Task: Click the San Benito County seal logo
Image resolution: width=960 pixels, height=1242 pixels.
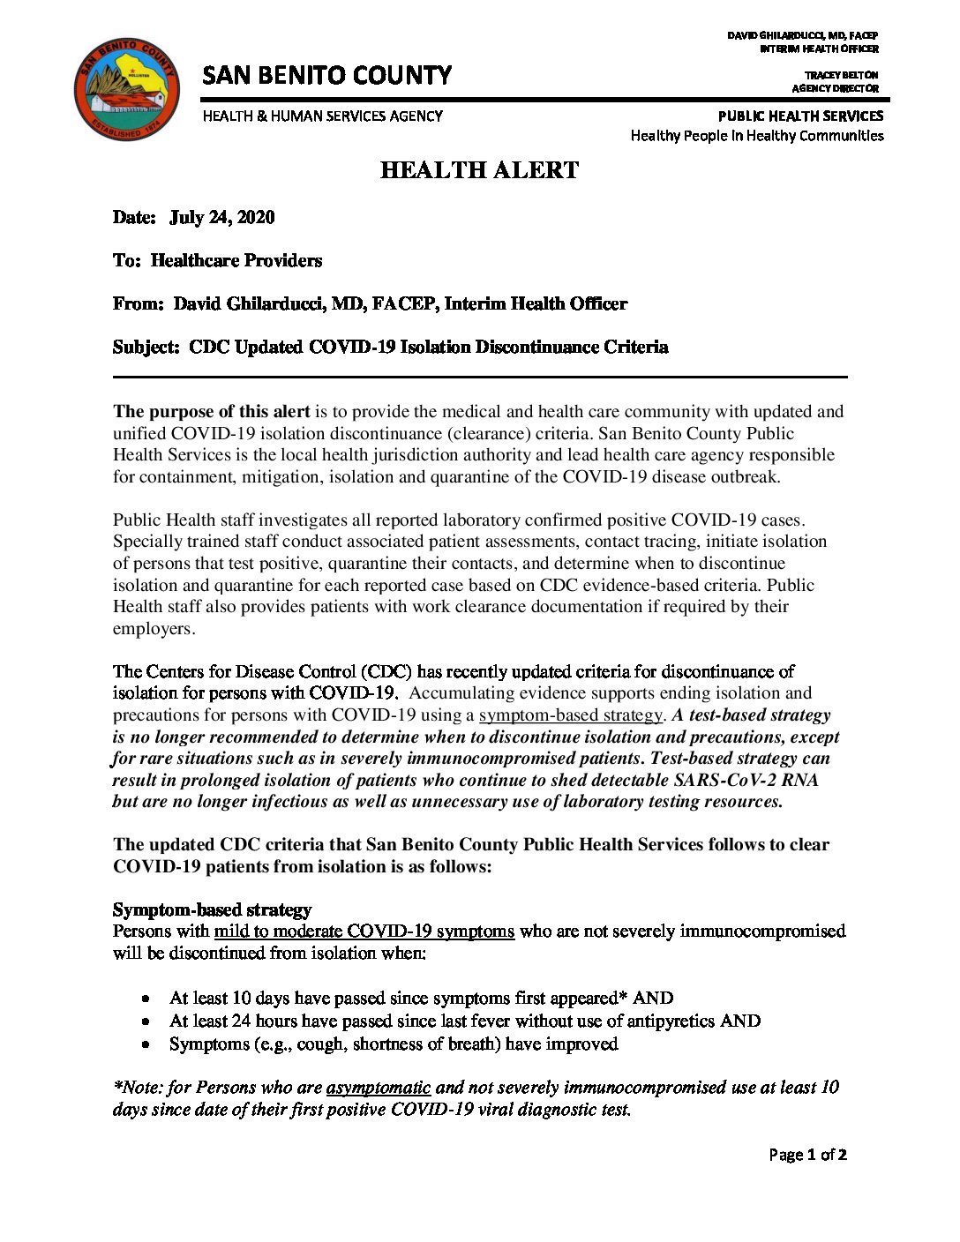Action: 126,89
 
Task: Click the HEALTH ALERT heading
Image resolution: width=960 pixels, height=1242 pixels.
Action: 479,170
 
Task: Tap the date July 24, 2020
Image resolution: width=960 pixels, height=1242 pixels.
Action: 221,218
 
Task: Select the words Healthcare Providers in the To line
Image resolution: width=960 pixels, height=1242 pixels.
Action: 236,261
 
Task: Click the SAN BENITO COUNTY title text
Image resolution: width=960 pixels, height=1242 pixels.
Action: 326,76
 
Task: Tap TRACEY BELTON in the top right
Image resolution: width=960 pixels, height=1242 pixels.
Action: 841,75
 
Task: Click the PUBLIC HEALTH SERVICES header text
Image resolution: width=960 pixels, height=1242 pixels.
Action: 800,116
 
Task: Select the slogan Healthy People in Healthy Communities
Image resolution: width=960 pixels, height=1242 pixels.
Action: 756,136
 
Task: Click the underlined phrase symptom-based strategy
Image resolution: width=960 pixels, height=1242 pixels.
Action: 570,715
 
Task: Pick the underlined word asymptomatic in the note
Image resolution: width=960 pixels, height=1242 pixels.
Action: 378,1088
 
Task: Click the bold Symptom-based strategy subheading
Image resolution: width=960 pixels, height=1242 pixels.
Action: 212,909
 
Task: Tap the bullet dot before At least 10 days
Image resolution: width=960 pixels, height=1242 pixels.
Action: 146,999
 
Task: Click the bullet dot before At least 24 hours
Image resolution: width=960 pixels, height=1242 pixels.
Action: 146,1021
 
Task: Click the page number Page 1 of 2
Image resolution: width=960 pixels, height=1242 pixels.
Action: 807,1155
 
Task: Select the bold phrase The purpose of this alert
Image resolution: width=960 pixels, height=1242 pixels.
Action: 212,412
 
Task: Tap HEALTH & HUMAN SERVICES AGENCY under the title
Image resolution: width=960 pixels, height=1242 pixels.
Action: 322,116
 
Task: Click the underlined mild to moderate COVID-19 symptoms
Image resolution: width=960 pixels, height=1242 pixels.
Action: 364,931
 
